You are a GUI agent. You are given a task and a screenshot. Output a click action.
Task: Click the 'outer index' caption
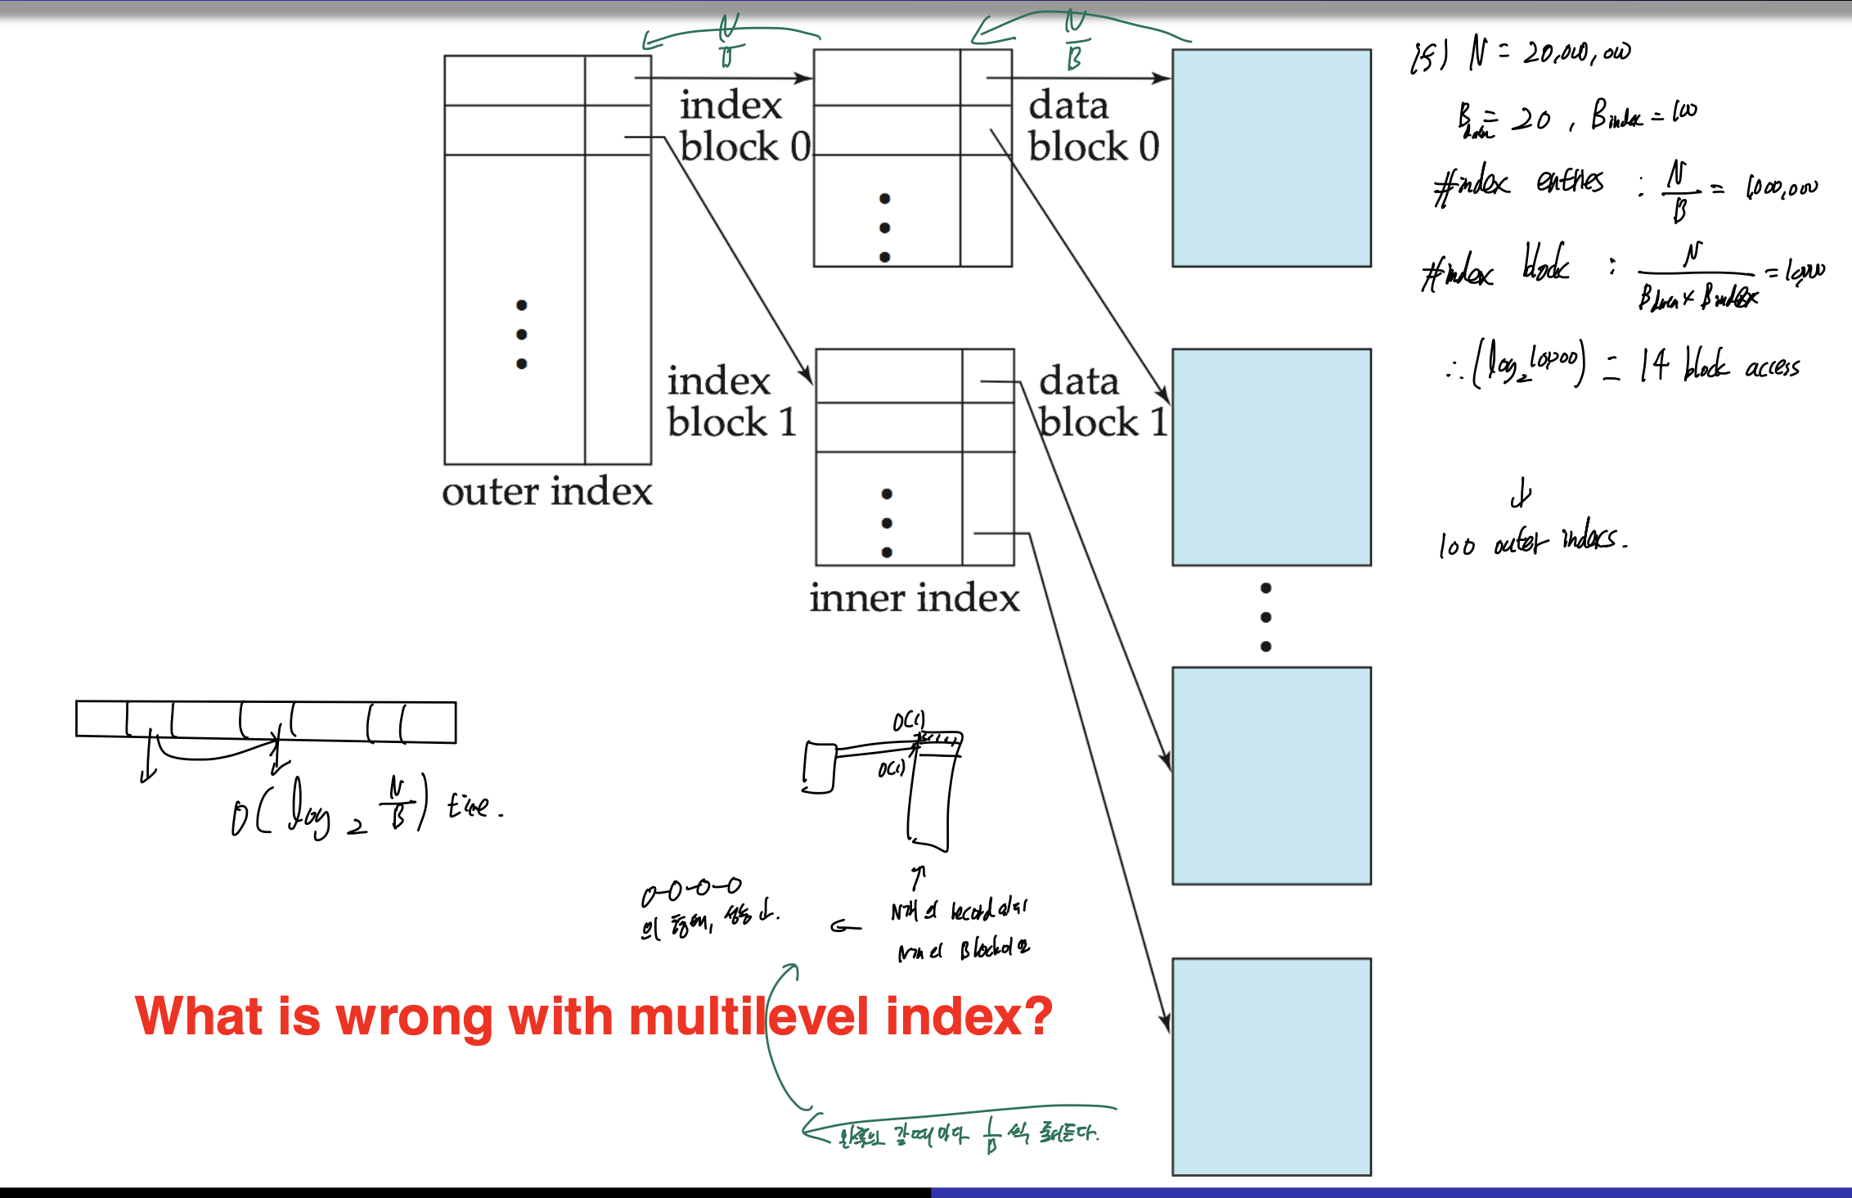[x=546, y=492]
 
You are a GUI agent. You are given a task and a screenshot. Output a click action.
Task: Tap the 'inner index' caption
[x=914, y=598]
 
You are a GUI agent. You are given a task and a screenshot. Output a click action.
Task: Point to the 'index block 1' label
[x=731, y=402]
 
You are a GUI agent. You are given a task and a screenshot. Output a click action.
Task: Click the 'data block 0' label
[x=1093, y=126]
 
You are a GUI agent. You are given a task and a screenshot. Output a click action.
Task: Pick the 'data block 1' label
[x=1101, y=402]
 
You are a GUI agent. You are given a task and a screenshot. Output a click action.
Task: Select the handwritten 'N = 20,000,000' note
[x=1549, y=52]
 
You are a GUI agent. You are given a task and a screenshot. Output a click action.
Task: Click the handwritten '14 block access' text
[x=1718, y=366]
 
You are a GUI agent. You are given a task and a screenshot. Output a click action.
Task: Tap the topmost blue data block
[x=1271, y=158]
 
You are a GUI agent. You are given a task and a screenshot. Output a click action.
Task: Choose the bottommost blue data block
[x=1271, y=1066]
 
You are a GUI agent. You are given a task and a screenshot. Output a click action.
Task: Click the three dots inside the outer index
[x=521, y=334]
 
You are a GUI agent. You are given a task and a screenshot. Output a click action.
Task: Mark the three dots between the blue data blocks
[x=1265, y=617]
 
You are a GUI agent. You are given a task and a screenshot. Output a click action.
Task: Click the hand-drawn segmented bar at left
[x=266, y=722]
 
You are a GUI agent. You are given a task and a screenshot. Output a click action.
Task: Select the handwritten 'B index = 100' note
[x=1643, y=115]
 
